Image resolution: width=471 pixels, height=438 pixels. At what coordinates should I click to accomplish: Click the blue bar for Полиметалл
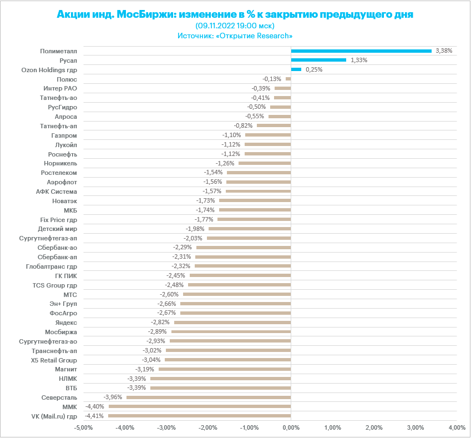[x=361, y=51]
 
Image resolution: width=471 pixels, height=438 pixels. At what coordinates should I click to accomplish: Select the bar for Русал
[x=318, y=60]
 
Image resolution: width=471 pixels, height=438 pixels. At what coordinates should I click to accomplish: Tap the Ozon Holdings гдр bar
[x=296, y=69]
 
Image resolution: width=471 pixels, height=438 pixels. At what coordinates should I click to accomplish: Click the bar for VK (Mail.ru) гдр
[x=200, y=416]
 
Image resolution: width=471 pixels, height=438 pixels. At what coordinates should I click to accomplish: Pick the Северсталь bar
[x=209, y=397]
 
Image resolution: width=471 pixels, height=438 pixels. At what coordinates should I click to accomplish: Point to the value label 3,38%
[x=444, y=51]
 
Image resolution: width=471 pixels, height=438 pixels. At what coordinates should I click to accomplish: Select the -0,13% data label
[x=272, y=79]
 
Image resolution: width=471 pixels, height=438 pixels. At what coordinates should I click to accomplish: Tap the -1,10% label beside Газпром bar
[x=231, y=135]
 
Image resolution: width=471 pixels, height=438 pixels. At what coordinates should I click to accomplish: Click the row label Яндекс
[x=66, y=323]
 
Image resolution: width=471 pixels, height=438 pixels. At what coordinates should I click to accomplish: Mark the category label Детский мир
[x=57, y=229]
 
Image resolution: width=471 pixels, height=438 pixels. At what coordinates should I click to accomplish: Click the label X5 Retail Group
[x=54, y=360]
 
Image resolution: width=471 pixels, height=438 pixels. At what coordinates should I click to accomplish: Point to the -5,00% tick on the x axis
[x=83, y=428]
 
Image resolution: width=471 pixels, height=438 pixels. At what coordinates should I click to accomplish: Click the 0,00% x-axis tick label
[x=291, y=428]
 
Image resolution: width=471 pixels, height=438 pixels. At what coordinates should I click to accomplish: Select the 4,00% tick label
[x=457, y=428]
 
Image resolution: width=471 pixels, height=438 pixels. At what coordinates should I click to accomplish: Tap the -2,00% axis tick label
[x=207, y=428]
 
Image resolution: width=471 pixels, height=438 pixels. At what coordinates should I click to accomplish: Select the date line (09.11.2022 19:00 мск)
[x=235, y=26]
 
